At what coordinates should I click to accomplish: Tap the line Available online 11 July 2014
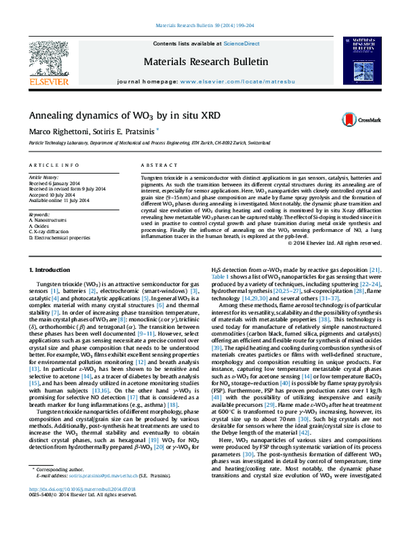coord(60,199)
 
